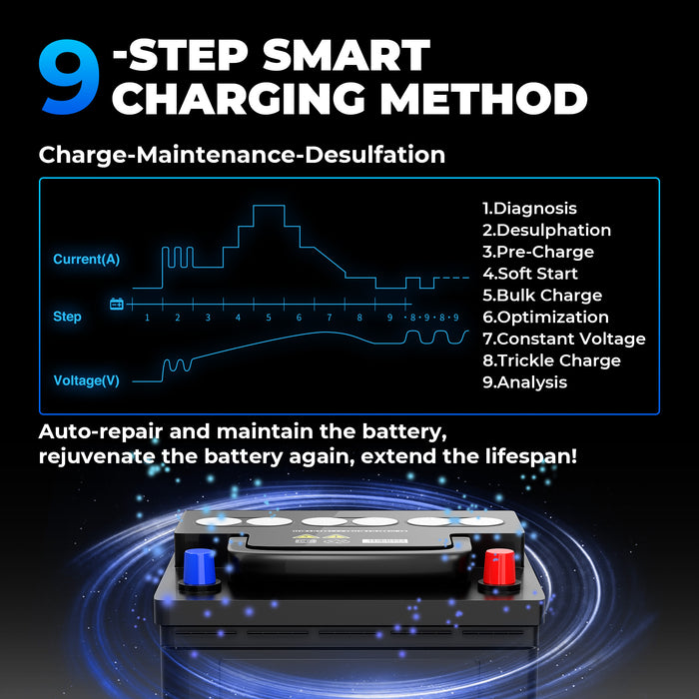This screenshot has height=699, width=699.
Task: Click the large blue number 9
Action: coord(69,78)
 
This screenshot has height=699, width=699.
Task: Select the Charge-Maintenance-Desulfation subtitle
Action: coord(242,155)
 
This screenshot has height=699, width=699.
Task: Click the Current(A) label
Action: coord(86,260)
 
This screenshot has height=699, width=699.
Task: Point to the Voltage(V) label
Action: coord(86,380)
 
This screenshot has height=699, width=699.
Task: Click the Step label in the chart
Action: coord(67,317)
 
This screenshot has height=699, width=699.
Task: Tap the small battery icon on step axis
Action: coord(117,304)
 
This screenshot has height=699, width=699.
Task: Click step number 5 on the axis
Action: coord(268,318)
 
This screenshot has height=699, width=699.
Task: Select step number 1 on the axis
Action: coord(147,318)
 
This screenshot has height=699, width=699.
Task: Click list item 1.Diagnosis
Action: coord(529,209)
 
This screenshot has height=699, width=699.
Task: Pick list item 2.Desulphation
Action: coord(546,231)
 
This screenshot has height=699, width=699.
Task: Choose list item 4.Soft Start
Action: coord(529,274)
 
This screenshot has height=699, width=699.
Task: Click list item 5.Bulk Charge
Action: coord(542,296)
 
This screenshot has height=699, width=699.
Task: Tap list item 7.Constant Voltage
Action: coord(563,340)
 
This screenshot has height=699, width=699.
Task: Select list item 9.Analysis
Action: coord(524,382)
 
